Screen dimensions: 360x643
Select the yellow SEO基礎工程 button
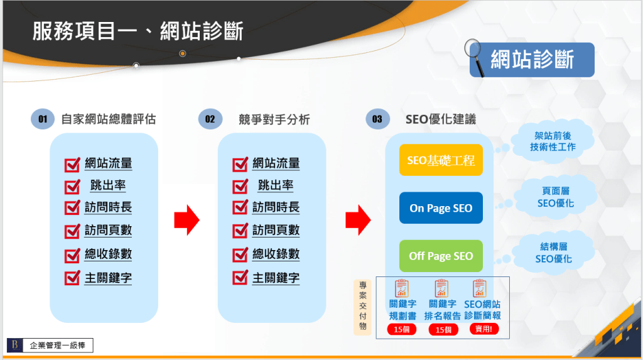441,160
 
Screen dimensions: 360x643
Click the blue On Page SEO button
441,208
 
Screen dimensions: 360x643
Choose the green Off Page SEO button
441,256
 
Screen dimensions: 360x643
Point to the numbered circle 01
43,119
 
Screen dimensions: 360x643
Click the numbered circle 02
210,119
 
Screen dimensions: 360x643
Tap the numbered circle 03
377,119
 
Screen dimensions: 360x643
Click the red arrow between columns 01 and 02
186,220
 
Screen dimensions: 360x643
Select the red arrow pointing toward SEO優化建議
358,220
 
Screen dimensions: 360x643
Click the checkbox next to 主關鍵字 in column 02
240,278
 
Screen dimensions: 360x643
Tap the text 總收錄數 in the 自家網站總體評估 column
108,254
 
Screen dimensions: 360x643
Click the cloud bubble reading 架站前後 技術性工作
552,141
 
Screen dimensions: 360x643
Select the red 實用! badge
484,329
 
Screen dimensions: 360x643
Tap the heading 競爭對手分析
274,119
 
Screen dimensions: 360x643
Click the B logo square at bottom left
14,344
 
